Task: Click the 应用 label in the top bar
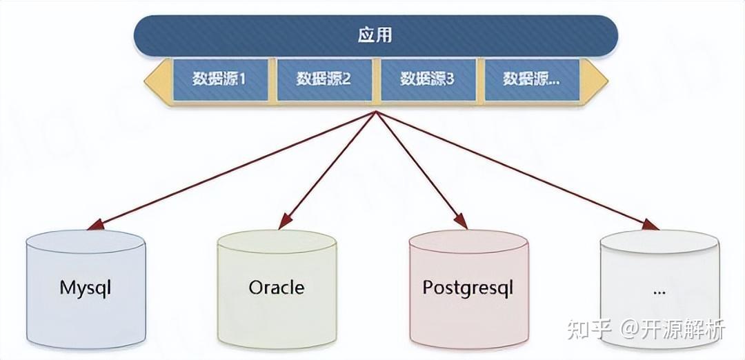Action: (375, 36)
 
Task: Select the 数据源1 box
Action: (219, 79)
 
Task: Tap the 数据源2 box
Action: (324, 79)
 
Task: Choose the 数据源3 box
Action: (428, 79)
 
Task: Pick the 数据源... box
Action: (532, 79)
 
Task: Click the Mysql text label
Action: (86, 288)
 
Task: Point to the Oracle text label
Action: (277, 288)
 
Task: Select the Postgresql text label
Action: (468, 288)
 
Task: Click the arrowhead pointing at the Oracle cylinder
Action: (285, 222)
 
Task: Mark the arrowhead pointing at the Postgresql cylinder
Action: (460, 221)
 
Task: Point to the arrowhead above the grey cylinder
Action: (650, 224)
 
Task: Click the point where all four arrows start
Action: (375, 112)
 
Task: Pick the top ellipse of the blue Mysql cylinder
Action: (86, 242)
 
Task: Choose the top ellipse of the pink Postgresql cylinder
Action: (468, 242)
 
